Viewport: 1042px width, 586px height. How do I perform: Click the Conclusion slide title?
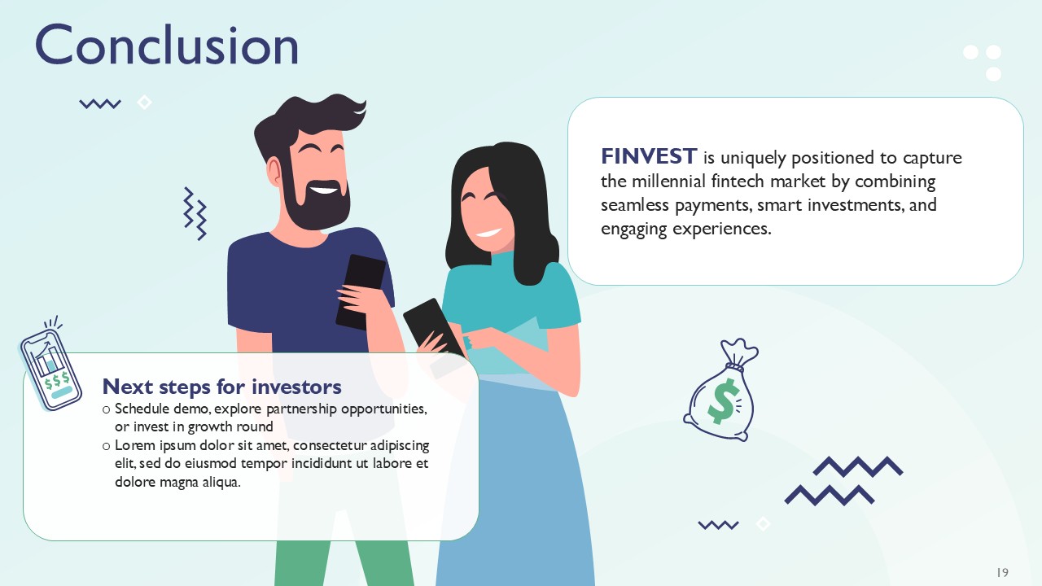[x=167, y=46]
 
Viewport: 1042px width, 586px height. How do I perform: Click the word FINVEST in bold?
[x=648, y=156]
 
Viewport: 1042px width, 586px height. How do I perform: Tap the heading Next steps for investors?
[x=221, y=386]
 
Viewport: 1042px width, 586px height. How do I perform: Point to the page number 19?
[x=1002, y=572]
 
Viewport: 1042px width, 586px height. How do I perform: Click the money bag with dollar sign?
[x=722, y=395]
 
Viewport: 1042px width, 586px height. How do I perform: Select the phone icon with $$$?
[x=51, y=367]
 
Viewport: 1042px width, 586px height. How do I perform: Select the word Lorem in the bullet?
[x=134, y=446]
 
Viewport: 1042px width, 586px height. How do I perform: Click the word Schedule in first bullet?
[x=141, y=409]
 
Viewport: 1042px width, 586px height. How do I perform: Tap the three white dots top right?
[x=983, y=62]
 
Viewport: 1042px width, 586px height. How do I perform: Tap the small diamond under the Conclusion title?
[x=144, y=103]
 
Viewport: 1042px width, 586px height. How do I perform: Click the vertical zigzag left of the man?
[x=194, y=213]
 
